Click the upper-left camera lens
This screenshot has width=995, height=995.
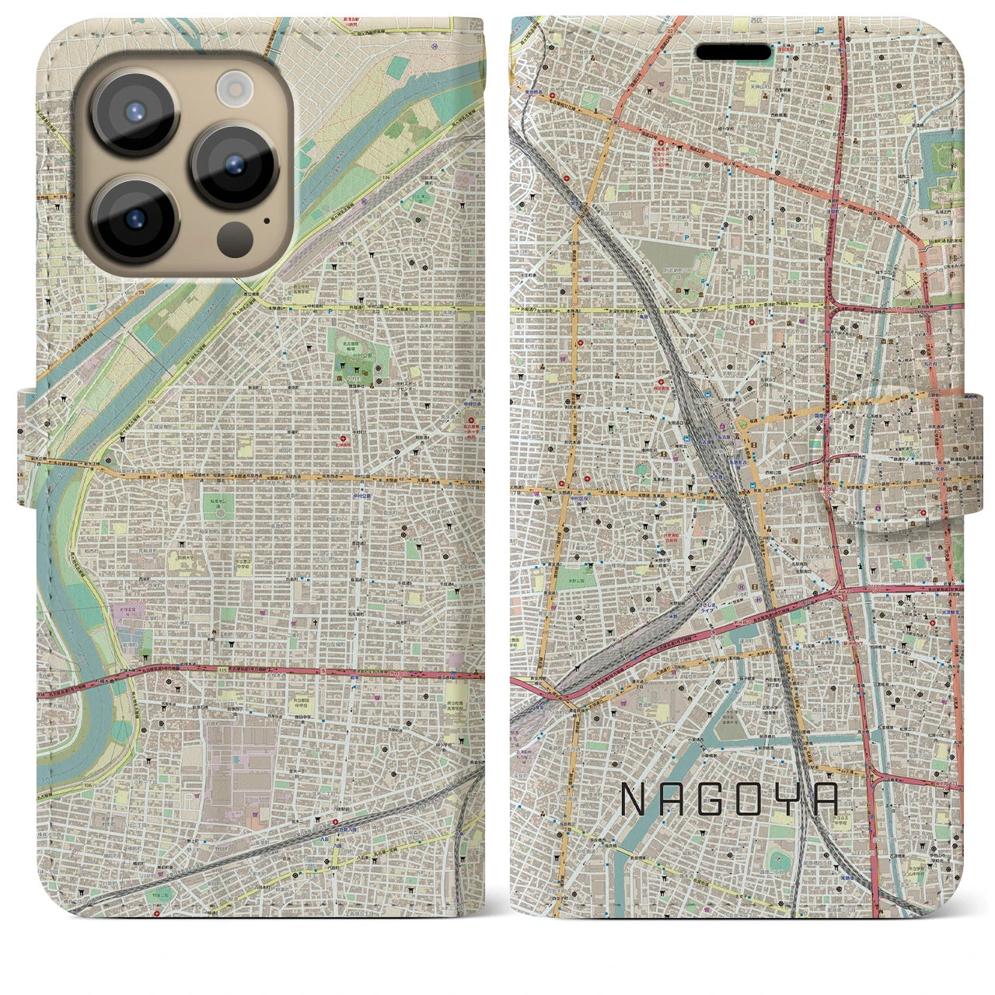pos(136,111)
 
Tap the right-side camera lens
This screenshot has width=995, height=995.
pos(234,166)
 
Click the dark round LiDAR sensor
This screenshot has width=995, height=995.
pos(234,236)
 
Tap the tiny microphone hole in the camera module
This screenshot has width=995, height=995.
pos(267,220)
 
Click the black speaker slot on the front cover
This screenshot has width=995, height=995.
pos(733,51)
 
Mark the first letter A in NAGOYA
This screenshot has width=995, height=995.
pos(673,799)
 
